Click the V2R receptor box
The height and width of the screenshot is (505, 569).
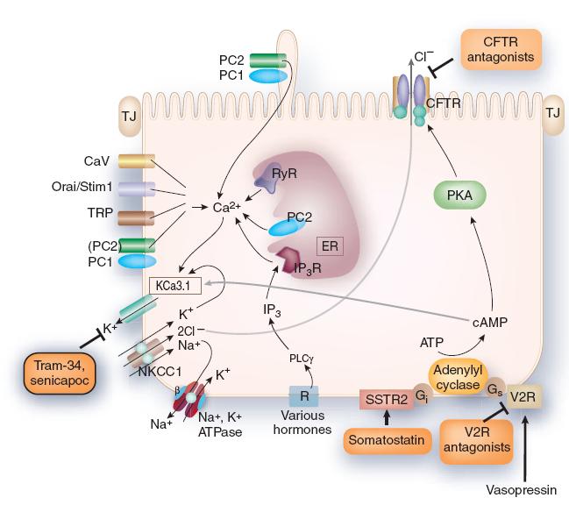click(x=528, y=396)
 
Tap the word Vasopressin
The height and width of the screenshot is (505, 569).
click(x=523, y=489)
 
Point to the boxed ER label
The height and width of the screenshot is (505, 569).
click(x=331, y=245)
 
